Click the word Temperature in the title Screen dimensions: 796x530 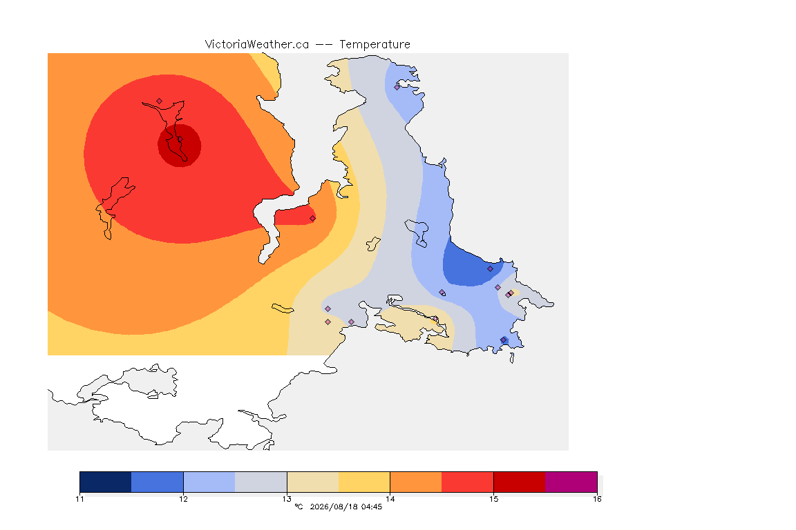point(375,45)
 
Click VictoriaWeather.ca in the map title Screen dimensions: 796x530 point(257,45)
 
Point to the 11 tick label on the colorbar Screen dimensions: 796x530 point(79,499)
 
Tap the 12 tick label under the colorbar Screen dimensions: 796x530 point(183,499)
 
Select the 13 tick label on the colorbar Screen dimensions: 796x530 point(287,499)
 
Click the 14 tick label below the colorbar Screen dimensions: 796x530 point(390,499)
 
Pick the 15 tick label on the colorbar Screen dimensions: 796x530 point(493,499)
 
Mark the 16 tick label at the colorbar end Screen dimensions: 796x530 point(597,499)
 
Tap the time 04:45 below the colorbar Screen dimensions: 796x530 point(372,507)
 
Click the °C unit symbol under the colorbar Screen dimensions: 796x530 point(298,507)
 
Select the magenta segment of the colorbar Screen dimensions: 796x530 point(571,482)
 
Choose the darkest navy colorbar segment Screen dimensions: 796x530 point(106,482)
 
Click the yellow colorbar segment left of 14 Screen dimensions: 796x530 point(364,482)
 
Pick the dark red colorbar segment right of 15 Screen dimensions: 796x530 point(520,482)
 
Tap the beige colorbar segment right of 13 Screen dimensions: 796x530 point(313,482)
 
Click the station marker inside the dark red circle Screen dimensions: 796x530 point(180,139)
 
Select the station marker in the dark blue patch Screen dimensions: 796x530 point(490,269)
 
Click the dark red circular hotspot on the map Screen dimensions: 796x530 point(179,146)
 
